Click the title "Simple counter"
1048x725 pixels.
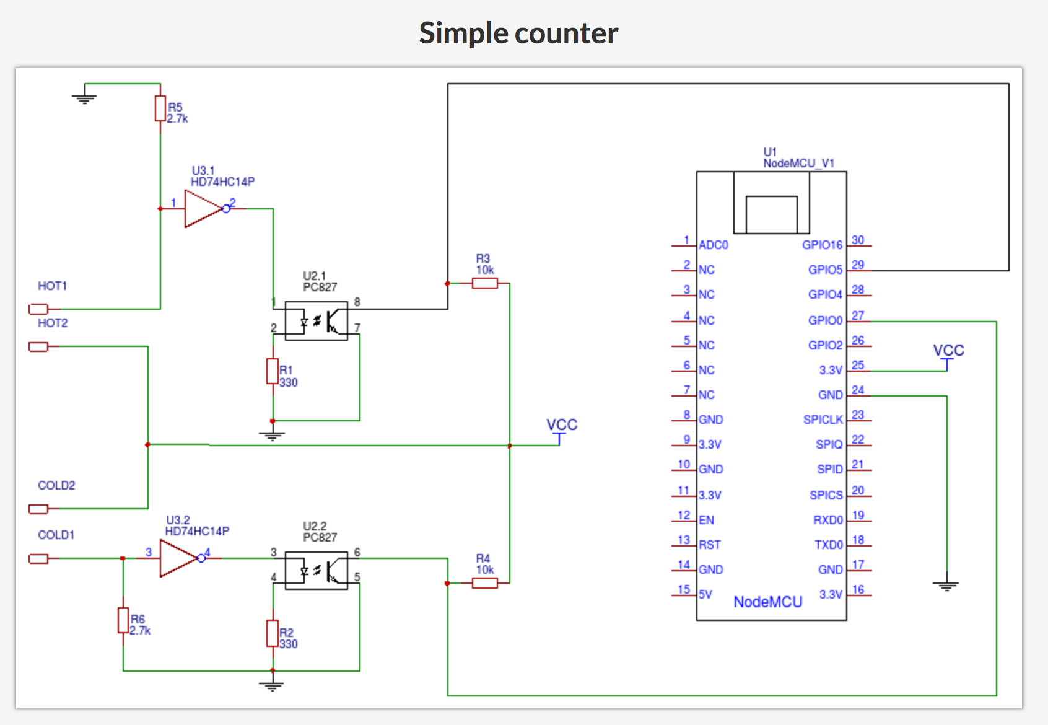[x=518, y=33]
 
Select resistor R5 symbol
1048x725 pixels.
[x=160, y=108]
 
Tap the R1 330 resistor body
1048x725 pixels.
[x=273, y=371]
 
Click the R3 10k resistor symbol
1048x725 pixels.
[x=485, y=283]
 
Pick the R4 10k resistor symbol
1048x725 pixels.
[x=485, y=582]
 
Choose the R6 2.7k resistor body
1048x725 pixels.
[x=123, y=620]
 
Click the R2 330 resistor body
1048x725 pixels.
[x=273, y=633]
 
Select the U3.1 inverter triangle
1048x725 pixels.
[x=204, y=209]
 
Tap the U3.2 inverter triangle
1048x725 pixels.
[x=179, y=558]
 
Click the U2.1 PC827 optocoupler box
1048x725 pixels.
[x=317, y=320]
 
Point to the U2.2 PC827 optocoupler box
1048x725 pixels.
[x=317, y=571]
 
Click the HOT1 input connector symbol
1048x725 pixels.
[x=38, y=309]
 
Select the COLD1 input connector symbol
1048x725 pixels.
[x=38, y=558]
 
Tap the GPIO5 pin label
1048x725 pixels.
[x=825, y=270]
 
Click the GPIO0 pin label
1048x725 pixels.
[x=825, y=320]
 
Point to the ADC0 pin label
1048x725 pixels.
[x=714, y=245]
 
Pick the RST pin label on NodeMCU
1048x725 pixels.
[x=710, y=545]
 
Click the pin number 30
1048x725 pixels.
[x=858, y=240]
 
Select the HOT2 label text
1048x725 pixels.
[x=53, y=323]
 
